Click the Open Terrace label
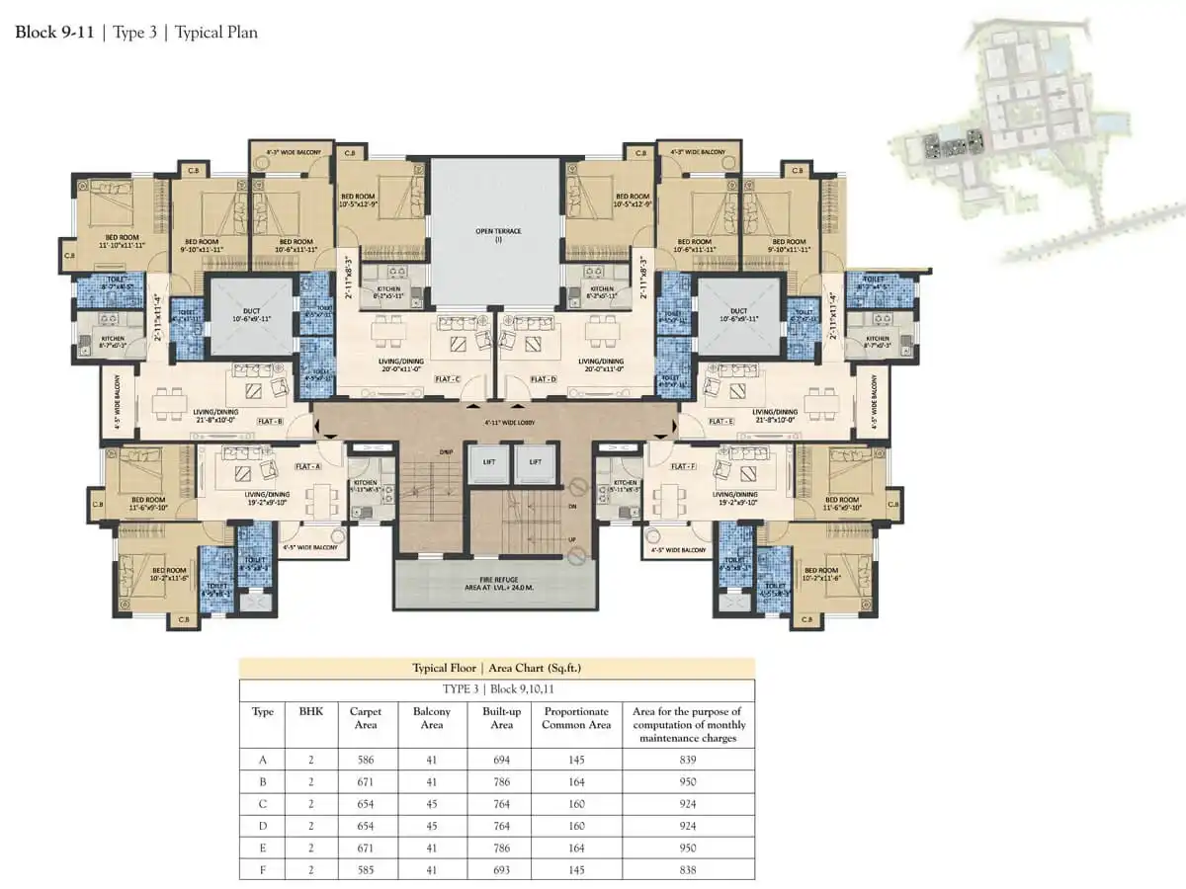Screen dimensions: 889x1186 tap(498, 235)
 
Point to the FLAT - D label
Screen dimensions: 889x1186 tap(544, 379)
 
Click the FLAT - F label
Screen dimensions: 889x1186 tap(683, 466)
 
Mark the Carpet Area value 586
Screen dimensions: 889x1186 tap(365, 760)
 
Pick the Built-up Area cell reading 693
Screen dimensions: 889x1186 tap(501, 870)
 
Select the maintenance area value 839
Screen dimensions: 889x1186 tap(688, 760)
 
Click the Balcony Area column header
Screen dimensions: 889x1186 tap(431, 718)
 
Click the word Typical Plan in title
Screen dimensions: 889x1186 tap(216, 32)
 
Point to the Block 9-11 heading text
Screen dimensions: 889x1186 tap(54, 32)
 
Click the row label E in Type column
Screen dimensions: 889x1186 tap(262, 849)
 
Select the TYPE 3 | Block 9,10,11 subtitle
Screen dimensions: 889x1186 tap(496, 688)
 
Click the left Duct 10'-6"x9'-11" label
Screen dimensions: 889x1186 tap(250, 315)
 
